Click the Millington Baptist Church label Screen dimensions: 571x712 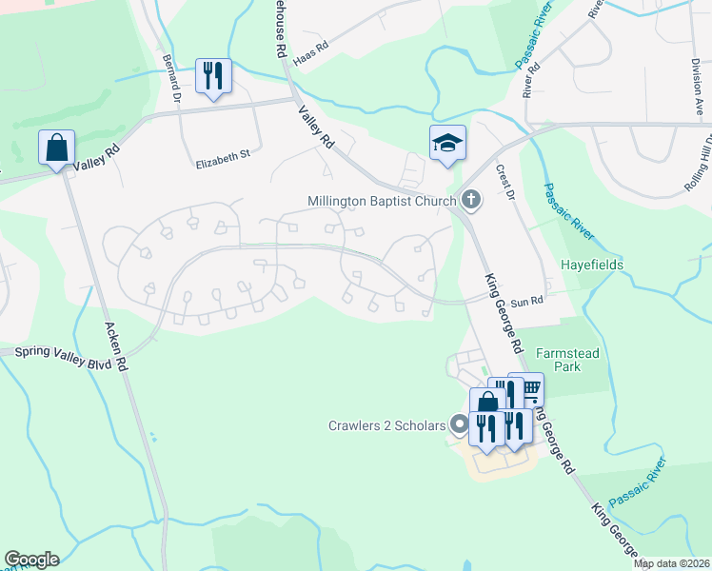(x=382, y=201)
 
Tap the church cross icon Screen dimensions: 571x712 (x=469, y=200)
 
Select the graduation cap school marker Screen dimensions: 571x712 (x=447, y=143)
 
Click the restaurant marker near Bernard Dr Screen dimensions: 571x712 (x=213, y=75)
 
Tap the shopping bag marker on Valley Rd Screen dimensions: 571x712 (x=56, y=148)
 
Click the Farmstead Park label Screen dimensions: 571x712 (x=569, y=359)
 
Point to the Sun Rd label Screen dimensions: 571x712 (x=526, y=301)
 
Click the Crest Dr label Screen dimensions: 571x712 (x=504, y=183)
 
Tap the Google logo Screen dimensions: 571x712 (x=31, y=559)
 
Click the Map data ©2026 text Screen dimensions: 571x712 (x=671, y=563)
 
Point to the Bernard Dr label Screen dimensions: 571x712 (x=171, y=77)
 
